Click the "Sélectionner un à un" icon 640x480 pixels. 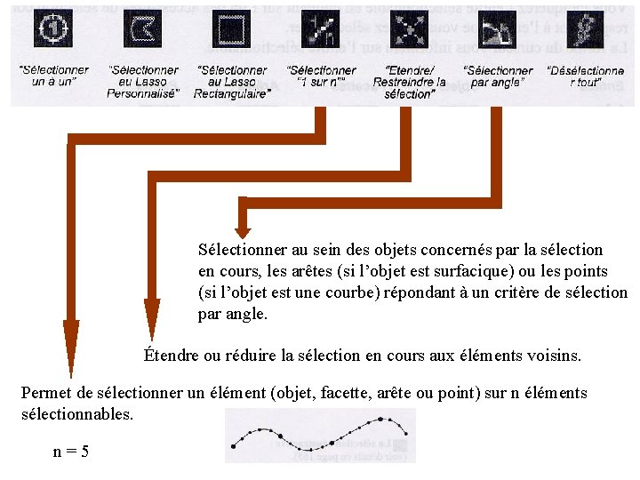click(53, 29)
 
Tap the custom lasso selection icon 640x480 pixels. click(142, 29)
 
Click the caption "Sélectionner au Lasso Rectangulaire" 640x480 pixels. click(232, 82)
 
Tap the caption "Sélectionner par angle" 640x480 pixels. click(498, 76)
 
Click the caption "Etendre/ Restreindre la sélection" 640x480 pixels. click(410, 82)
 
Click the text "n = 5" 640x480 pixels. click(70, 452)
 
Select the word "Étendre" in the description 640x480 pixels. click(172, 356)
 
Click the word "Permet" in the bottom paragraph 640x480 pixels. click(45, 393)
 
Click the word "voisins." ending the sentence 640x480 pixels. click(555, 356)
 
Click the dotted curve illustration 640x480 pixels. click(319, 436)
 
